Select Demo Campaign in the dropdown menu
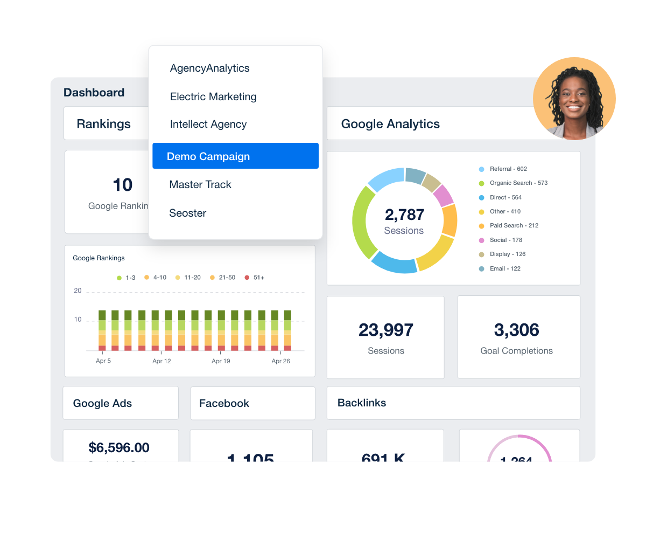pos(208,156)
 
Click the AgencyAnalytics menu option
pos(210,68)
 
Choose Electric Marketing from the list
pos(213,97)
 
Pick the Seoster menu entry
pos(188,213)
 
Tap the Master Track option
pos(200,184)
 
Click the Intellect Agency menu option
pos(208,125)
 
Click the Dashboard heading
pos(94,93)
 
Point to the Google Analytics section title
pos(390,124)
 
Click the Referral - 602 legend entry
pos(508,169)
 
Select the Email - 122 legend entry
pos(504,268)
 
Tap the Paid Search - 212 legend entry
pos(514,226)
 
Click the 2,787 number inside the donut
pos(404,215)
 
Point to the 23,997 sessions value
pos(386,330)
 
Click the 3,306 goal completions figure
pos(517,330)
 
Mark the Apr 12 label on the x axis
pos(161,361)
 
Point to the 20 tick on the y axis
pos(78,291)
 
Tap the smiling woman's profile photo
pos(574,99)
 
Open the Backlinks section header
pos(362,403)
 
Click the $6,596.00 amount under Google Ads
pos(119,447)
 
